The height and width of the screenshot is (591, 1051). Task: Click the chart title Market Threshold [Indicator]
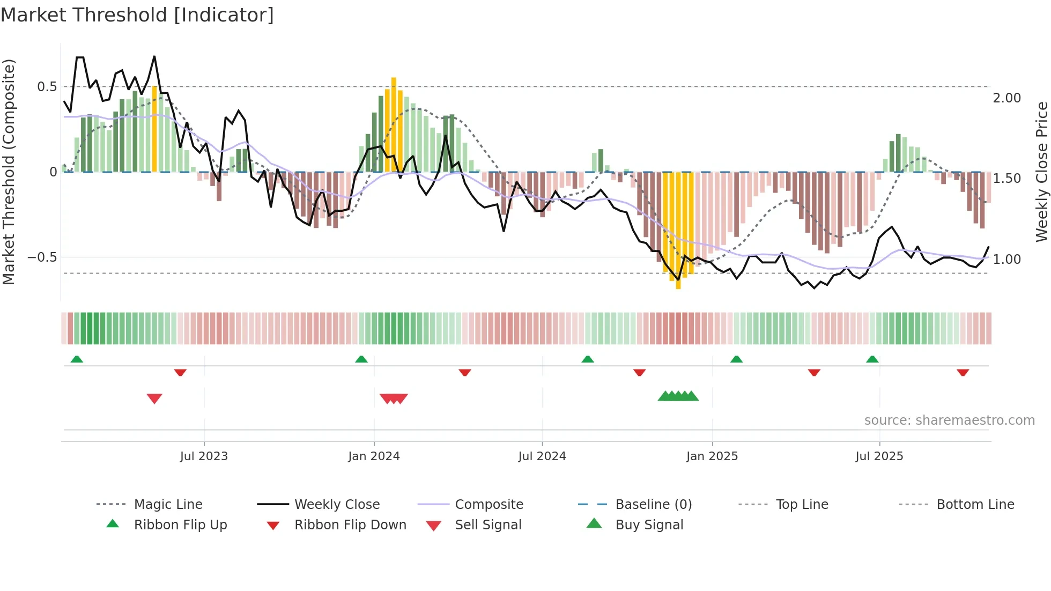click(137, 15)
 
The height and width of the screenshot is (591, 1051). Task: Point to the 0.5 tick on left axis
click(47, 87)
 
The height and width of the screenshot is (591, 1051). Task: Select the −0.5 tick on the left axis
click(42, 257)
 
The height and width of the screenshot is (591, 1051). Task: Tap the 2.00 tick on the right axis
click(1006, 98)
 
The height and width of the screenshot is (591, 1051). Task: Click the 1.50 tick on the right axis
click(1006, 179)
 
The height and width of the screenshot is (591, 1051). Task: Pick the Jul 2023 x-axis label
click(204, 456)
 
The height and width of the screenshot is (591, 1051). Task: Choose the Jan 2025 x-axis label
click(712, 456)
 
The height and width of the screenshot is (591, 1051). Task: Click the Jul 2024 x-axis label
click(542, 456)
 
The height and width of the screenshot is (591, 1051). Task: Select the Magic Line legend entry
click(168, 505)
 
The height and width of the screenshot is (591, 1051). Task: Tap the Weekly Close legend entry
click(337, 505)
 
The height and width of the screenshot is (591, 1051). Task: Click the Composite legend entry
click(489, 505)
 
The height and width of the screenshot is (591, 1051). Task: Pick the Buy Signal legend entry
click(649, 525)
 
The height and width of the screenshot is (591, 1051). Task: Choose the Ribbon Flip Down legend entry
click(350, 525)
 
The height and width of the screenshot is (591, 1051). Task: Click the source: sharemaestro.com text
click(949, 420)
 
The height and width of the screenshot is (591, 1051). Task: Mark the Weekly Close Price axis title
click(1041, 172)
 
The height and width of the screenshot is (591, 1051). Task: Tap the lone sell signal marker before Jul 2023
click(154, 398)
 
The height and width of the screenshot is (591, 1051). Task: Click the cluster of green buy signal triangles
click(678, 396)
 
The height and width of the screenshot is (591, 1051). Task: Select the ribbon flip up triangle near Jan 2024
click(361, 359)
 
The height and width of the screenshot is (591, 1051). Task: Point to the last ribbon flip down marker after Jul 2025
click(963, 372)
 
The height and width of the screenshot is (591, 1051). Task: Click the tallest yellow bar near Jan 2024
click(394, 123)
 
